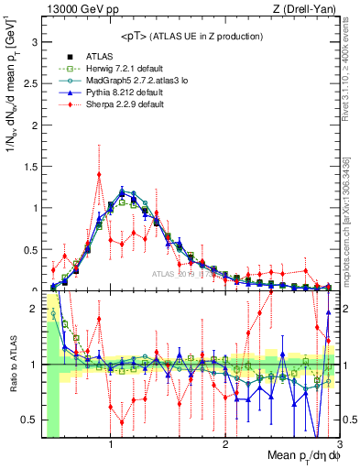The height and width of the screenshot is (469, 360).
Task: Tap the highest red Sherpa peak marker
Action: coord(99,175)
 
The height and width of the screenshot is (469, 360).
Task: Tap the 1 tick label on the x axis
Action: coord(111,445)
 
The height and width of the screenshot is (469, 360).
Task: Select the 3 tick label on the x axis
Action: coord(338,445)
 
